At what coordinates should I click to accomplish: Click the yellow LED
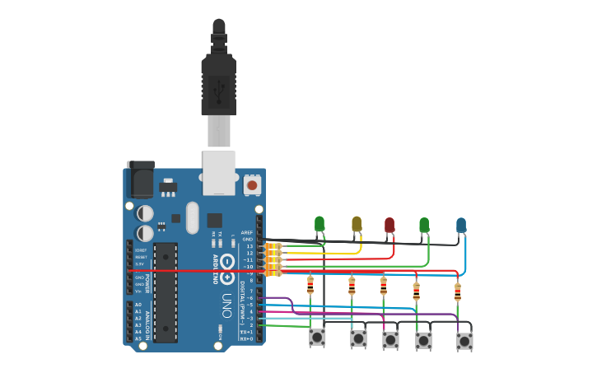pyautogui.click(x=357, y=223)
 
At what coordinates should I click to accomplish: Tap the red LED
pyautogui.click(x=389, y=224)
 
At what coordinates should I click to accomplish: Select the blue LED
pyautogui.click(x=461, y=224)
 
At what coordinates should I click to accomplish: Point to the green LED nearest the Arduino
pyautogui.click(x=319, y=222)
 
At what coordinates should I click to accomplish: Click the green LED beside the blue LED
pyautogui.click(x=424, y=224)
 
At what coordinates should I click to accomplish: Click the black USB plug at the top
pyautogui.click(x=218, y=78)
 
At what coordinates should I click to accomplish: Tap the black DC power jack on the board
pyautogui.click(x=140, y=176)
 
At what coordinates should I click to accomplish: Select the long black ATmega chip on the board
pyautogui.click(x=165, y=292)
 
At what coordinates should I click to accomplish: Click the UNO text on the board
pyautogui.click(x=226, y=305)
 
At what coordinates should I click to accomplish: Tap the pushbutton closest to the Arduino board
pyautogui.click(x=317, y=338)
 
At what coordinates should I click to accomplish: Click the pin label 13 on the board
pyautogui.click(x=250, y=246)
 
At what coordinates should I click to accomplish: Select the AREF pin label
pyautogui.click(x=247, y=233)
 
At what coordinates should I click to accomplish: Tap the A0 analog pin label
pyautogui.click(x=138, y=305)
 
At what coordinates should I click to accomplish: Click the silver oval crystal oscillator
pyautogui.click(x=193, y=217)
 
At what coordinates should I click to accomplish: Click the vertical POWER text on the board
pyautogui.click(x=147, y=279)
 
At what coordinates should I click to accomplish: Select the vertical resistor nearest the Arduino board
pyautogui.click(x=310, y=285)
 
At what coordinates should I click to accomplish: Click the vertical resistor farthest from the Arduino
pyautogui.click(x=458, y=291)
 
